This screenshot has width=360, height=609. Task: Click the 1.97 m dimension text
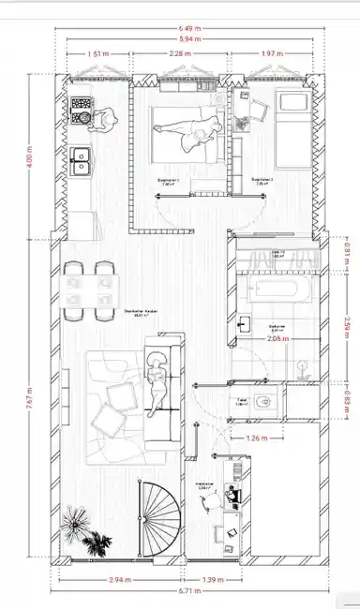click(x=274, y=53)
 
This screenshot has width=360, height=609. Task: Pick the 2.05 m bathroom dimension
click(x=277, y=338)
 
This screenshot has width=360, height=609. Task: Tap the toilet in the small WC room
click(x=269, y=404)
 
